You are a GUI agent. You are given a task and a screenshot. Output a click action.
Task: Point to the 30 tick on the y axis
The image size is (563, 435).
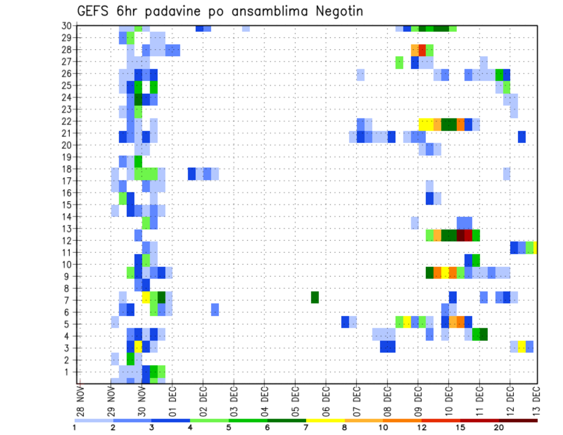[67, 25]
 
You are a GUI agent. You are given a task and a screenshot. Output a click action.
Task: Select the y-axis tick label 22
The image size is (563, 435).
[67, 121]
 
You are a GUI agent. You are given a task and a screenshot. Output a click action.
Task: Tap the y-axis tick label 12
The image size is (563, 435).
[67, 240]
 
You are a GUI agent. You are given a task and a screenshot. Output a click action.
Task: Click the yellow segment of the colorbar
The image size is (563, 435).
[325, 420]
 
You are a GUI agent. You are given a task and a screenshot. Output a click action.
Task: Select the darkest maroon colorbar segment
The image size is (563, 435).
[518, 420]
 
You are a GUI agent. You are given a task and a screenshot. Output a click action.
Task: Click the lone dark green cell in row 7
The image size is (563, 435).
[315, 297]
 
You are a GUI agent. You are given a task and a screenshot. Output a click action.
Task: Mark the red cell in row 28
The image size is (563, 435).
[422, 49]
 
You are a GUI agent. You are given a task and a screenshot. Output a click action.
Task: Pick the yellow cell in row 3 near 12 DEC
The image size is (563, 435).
[521, 345]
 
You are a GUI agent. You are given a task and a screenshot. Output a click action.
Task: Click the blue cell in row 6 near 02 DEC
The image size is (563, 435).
[215, 309]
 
